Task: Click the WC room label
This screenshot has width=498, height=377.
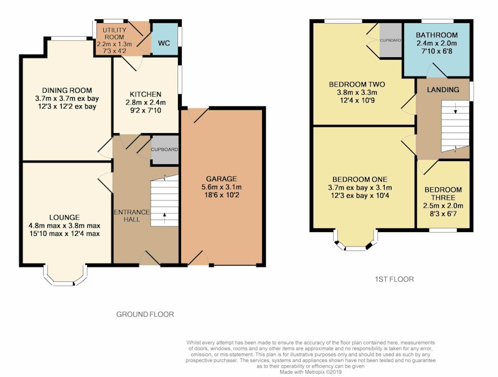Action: point(164,43)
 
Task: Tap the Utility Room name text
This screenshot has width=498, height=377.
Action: point(115,34)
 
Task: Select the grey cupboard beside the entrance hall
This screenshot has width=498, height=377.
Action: point(164,150)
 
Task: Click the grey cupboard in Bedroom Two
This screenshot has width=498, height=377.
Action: point(391,40)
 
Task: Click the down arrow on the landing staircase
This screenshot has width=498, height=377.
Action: point(456,108)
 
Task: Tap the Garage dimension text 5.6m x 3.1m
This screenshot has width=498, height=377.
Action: point(222,187)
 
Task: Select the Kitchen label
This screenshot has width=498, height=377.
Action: point(146,95)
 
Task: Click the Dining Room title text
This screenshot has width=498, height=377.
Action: point(67,90)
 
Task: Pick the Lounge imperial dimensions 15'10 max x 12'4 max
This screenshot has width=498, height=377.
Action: point(65,234)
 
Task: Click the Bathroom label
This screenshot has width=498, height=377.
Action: point(437,35)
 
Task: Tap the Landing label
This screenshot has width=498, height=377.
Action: point(443,90)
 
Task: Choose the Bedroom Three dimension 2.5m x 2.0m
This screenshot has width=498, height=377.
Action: point(443,206)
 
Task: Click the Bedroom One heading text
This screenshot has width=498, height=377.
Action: point(360,179)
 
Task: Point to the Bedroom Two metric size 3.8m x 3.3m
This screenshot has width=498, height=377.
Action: point(357,93)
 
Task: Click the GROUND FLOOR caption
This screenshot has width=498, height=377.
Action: point(145,315)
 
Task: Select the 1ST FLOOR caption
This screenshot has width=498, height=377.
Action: point(395,279)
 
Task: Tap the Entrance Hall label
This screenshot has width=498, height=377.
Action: point(131,216)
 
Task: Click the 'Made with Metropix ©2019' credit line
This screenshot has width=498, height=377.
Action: point(311,372)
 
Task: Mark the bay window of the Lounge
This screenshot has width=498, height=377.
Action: point(65,276)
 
